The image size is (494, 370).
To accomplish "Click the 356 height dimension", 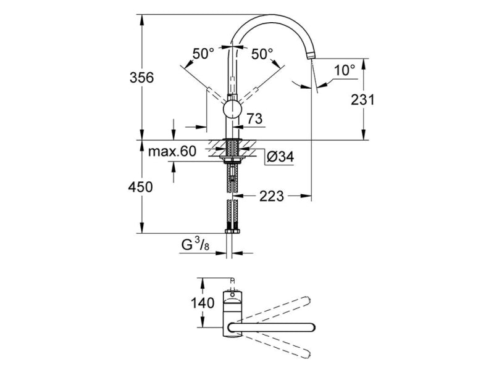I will click(x=142, y=78).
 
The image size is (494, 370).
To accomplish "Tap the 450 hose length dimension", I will click(x=141, y=187).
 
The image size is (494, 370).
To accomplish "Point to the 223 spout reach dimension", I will click(x=272, y=197).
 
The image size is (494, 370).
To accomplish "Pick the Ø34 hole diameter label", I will click(x=280, y=157).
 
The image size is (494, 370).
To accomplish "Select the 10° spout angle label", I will click(x=345, y=70).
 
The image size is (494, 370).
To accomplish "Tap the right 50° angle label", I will click(x=262, y=54).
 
